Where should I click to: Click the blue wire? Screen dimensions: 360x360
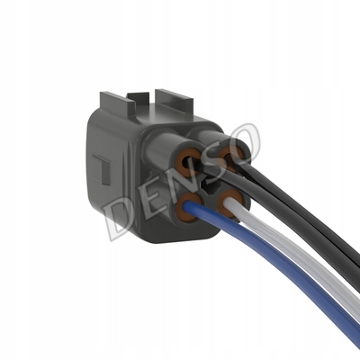270,258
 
